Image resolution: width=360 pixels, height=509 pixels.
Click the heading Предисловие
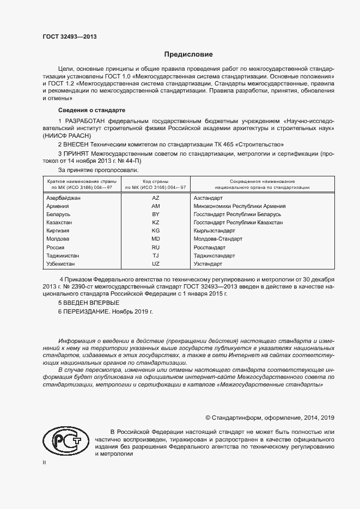point(188,54)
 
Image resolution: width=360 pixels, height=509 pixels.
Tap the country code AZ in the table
point(156,198)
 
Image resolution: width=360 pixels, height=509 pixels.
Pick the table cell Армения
point(58,206)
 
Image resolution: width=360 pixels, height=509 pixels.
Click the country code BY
point(156,214)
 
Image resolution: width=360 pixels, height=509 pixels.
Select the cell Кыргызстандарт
point(214,231)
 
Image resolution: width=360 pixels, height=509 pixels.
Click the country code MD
point(156,239)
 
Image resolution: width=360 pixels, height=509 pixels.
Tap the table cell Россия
point(56,247)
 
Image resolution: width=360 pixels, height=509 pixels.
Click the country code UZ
point(156,263)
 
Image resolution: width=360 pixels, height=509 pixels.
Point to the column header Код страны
point(156,181)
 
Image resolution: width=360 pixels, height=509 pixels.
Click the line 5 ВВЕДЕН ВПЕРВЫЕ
point(88,303)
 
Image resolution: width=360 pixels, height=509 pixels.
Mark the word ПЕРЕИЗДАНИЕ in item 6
point(87,312)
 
